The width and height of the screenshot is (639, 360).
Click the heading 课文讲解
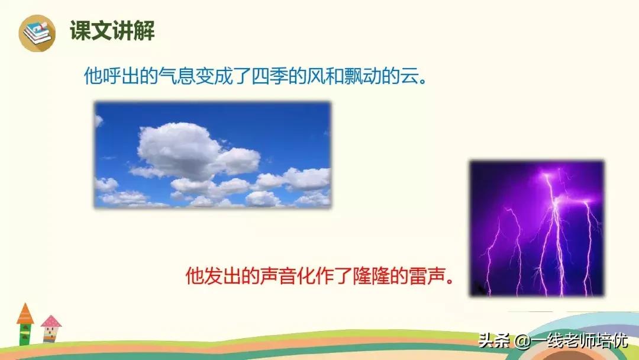(112, 31)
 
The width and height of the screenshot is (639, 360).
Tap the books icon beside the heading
(37, 32)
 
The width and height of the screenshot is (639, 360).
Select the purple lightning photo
(537, 228)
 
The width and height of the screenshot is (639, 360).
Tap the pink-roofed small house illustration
(51, 329)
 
